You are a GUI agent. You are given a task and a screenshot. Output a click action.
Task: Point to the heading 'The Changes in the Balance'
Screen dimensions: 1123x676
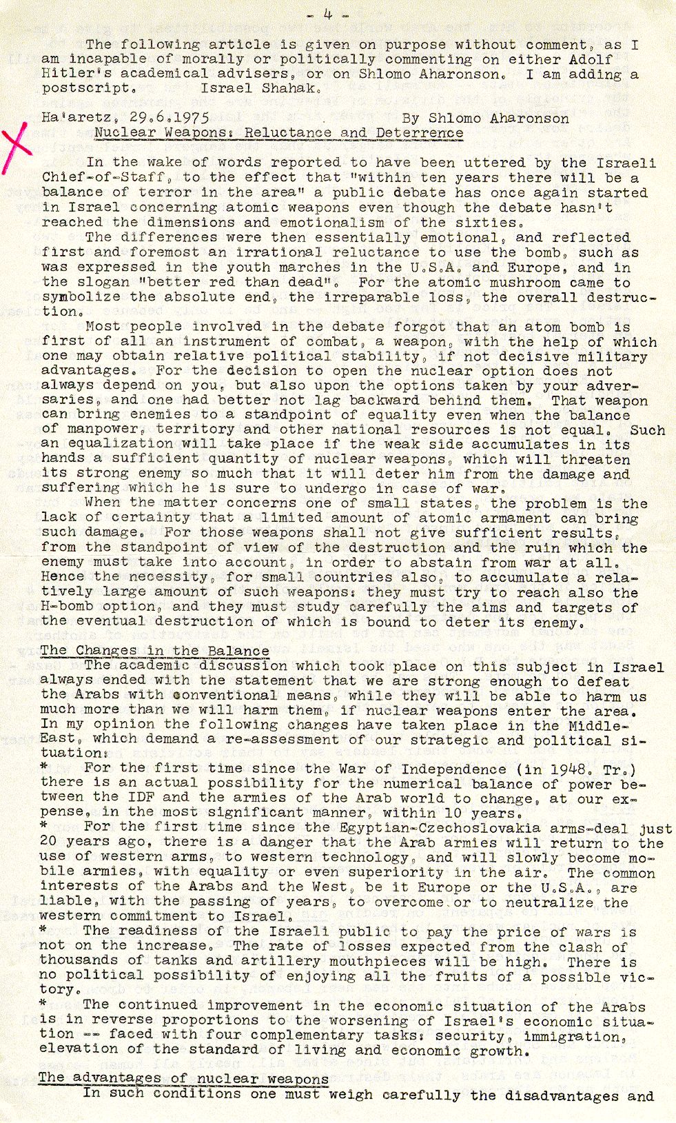pos(154,651)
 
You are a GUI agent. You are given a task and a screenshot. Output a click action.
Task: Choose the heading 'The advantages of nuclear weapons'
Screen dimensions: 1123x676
pos(183,1079)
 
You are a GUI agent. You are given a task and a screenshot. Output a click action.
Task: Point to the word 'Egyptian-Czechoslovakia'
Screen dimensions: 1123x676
pos(449,828)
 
